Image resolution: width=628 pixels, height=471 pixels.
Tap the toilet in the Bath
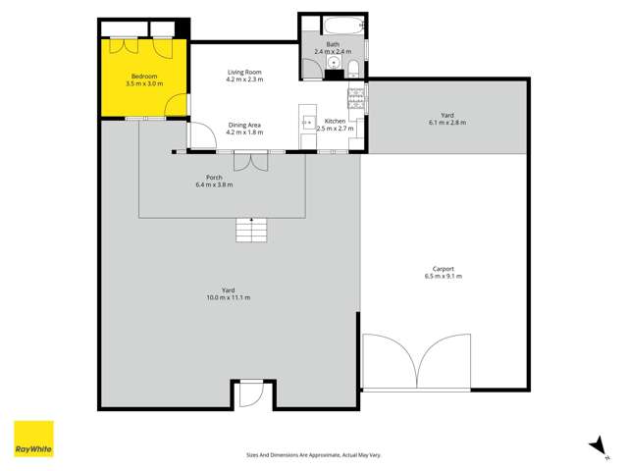350,66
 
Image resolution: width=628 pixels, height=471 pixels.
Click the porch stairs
251,232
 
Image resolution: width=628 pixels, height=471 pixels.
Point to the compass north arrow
595,445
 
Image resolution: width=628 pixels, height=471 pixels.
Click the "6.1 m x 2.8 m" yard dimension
446,123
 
